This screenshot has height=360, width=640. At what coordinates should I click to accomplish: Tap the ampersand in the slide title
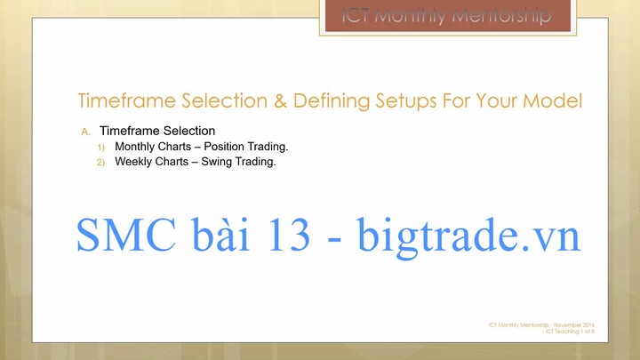pos(280,100)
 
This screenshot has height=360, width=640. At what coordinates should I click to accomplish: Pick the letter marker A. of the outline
pos(85,131)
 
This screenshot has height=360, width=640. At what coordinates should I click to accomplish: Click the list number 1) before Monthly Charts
pos(101,147)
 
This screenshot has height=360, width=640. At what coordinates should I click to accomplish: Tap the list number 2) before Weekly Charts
pos(101,163)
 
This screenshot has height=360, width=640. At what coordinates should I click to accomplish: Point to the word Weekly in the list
pos(135,162)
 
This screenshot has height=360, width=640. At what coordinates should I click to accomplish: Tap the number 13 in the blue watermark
pos(284,236)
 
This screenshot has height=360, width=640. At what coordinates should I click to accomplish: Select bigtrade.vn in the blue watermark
pos(468,236)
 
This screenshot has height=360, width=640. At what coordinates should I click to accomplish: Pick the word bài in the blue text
pos(212,236)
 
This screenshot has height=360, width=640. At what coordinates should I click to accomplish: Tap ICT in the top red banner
pos(360,16)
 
